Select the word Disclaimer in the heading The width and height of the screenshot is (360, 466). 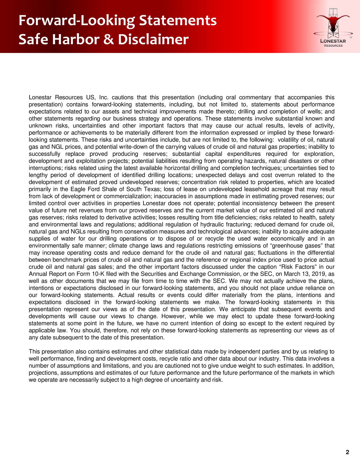(153, 40)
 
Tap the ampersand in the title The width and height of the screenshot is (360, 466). (108, 40)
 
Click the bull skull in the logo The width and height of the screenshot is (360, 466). (334, 24)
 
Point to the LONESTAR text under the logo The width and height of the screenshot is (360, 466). (334, 42)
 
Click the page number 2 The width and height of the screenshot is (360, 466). (347, 452)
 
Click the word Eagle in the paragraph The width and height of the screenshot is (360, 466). (79, 189)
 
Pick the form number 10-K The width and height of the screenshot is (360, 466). (97, 274)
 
